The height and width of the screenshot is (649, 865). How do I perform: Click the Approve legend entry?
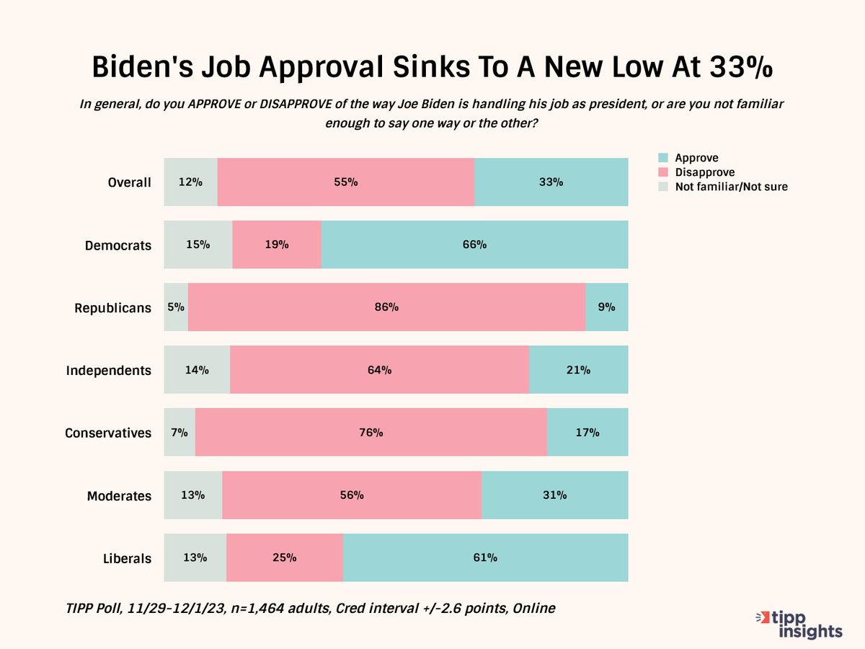(x=696, y=158)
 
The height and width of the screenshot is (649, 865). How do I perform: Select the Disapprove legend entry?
(x=704, y=172)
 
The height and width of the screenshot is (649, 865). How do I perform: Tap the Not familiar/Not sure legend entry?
(x=730, y=187)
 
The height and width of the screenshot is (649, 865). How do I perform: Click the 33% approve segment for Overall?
(x=551, y=182)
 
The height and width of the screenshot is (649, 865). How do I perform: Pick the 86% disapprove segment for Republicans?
(x=386, y=307)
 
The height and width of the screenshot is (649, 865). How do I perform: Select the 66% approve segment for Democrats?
(x=474, y=244)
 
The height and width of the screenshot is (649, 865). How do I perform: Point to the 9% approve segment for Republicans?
(x=606, y=307)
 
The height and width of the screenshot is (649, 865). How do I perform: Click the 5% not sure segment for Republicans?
(x=176, y=307)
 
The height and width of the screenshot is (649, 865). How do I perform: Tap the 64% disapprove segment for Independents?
(x=379, y=370)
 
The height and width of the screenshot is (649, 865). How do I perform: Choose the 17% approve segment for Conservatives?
(x=587, y=433)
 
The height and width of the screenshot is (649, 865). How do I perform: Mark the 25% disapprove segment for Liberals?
(x=285, y=557)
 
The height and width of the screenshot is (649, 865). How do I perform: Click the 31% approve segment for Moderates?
(x=554, y=495)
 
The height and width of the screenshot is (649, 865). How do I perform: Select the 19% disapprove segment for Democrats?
(x=277, y=244)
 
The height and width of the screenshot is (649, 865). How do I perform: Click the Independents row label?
(x=109, y=371)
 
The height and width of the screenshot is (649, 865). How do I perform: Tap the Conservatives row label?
(x=108, y=433)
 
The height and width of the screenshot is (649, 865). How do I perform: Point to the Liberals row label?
(x=127, y=558)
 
